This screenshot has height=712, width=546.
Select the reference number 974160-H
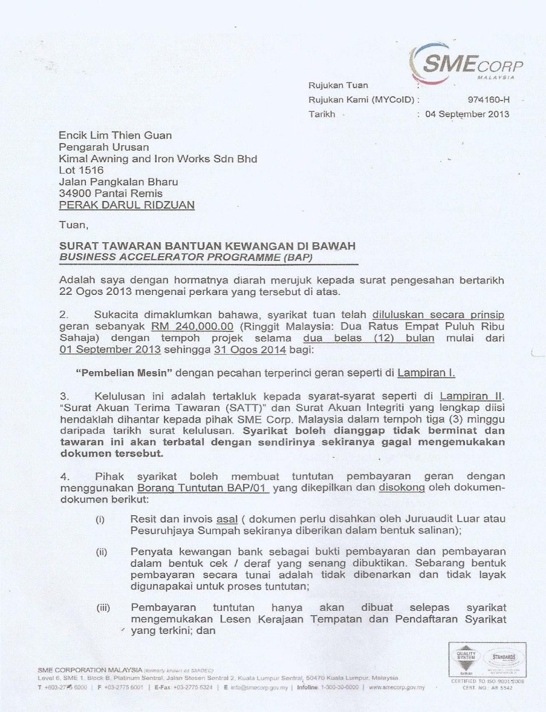click(x=488, y=100)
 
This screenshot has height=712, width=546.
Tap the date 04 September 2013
click(x=467, y=114)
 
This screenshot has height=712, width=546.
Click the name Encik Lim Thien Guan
click(x=115, y=136)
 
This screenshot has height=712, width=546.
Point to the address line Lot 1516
click(x=81, y=170)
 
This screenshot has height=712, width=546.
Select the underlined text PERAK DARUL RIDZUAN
click(x=126, y=205)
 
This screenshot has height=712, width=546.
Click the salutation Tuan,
click(x=73, y=225)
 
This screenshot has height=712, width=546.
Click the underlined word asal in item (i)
click(x=226, y=519)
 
